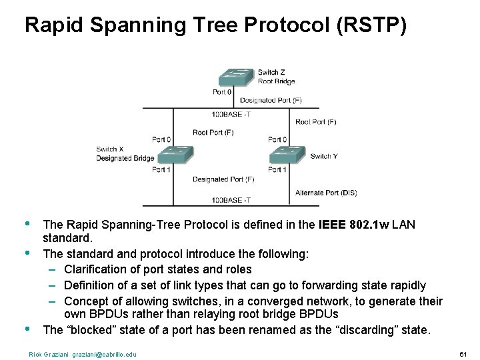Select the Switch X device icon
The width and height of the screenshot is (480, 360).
[175, 155]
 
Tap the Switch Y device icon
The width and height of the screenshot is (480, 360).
[287, 155]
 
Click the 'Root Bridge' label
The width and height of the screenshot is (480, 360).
[276, 81]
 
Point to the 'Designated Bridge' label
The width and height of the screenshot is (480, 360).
[125, 158]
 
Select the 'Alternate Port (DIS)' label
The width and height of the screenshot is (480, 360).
[326, 193]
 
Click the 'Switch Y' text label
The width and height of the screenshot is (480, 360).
[324, 156]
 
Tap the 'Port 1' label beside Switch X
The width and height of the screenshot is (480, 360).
[161, 169]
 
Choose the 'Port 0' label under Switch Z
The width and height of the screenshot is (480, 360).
[222, 92]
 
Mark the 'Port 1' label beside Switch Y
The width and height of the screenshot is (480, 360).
[277, 169]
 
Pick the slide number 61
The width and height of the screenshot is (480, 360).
[464, 354]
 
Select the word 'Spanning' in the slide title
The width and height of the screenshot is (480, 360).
[136, 25]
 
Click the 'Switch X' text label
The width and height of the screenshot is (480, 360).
[110, 149]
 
